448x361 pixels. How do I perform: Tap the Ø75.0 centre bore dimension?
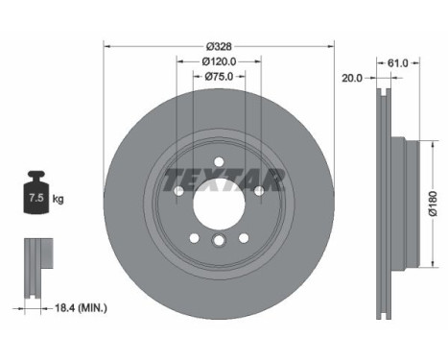(x=219, y=78)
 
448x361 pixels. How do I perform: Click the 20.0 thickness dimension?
(x=351, y=80)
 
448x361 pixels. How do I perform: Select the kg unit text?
(x=59, y=200)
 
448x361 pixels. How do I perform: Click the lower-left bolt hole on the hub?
(x=194, y=238)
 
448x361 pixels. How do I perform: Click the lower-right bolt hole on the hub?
(x=244, y=238)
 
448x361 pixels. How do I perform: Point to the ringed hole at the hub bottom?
(x=219, y=243)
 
